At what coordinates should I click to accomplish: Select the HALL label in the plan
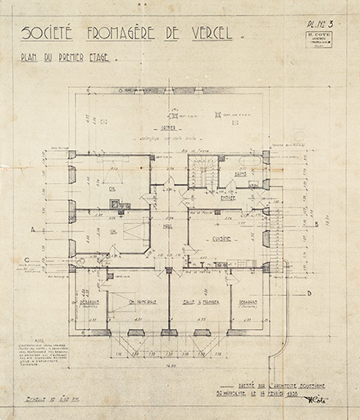pos(169,227)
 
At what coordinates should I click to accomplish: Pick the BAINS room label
pos(241,174)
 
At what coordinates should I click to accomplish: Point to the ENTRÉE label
pos(229,197)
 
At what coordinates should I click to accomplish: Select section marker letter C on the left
pos(27,262)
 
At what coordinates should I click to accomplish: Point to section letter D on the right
pos(309,292)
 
